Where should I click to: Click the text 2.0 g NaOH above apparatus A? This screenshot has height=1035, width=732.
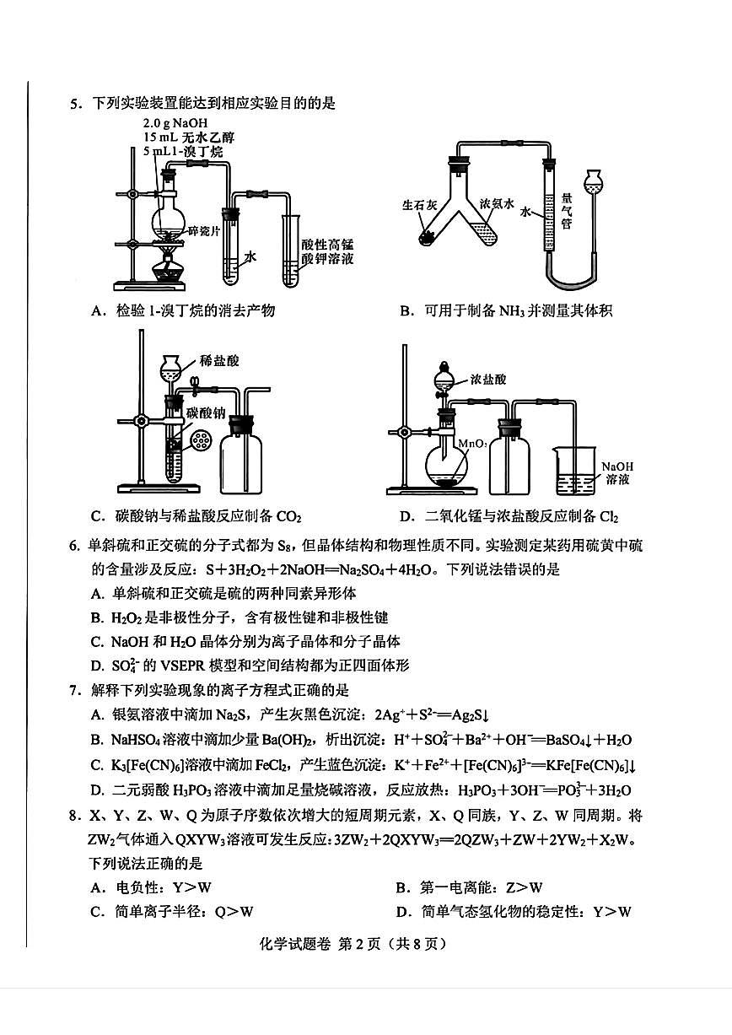(x=172, y=122)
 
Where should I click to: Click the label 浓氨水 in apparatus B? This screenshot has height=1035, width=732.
(x=497, y=204)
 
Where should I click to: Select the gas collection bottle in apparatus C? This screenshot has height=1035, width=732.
(x=241, y=456)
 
